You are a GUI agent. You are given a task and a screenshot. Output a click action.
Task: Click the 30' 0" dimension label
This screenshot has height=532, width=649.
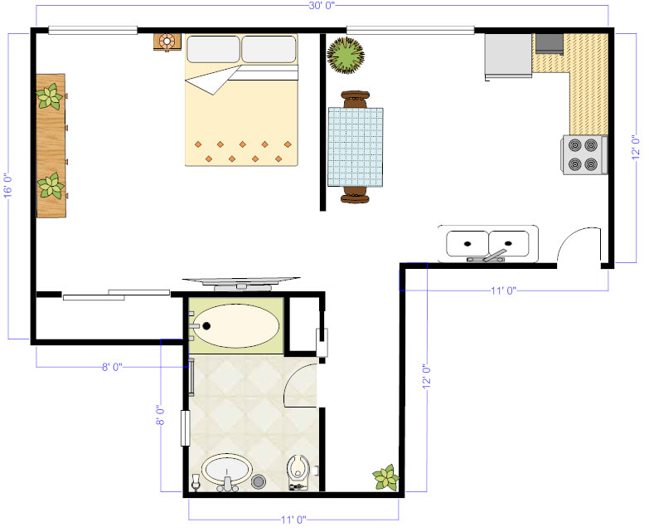(x=321, y=7)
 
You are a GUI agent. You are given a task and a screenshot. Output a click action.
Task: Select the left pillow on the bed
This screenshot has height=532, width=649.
(x=212, y=50)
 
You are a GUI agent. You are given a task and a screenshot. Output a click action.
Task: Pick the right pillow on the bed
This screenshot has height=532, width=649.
(x=269, y=50)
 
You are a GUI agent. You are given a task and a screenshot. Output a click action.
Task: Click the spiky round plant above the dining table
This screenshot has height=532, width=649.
(x=345, y=56)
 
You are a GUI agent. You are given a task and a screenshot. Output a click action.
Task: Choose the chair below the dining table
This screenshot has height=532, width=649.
(x=355, y=196)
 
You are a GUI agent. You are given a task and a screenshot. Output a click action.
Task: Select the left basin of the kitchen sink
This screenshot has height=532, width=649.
(x=468, y=243)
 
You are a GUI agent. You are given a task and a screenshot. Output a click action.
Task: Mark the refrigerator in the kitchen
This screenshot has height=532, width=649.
(x=508, y=56)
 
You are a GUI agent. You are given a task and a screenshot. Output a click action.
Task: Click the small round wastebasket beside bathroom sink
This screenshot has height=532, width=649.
(x=259, y=481)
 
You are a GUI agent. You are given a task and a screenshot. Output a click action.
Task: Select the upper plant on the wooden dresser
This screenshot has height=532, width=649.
(x=50, y=99)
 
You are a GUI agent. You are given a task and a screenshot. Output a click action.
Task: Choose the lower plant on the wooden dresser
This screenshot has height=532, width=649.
(x=51, y=185)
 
